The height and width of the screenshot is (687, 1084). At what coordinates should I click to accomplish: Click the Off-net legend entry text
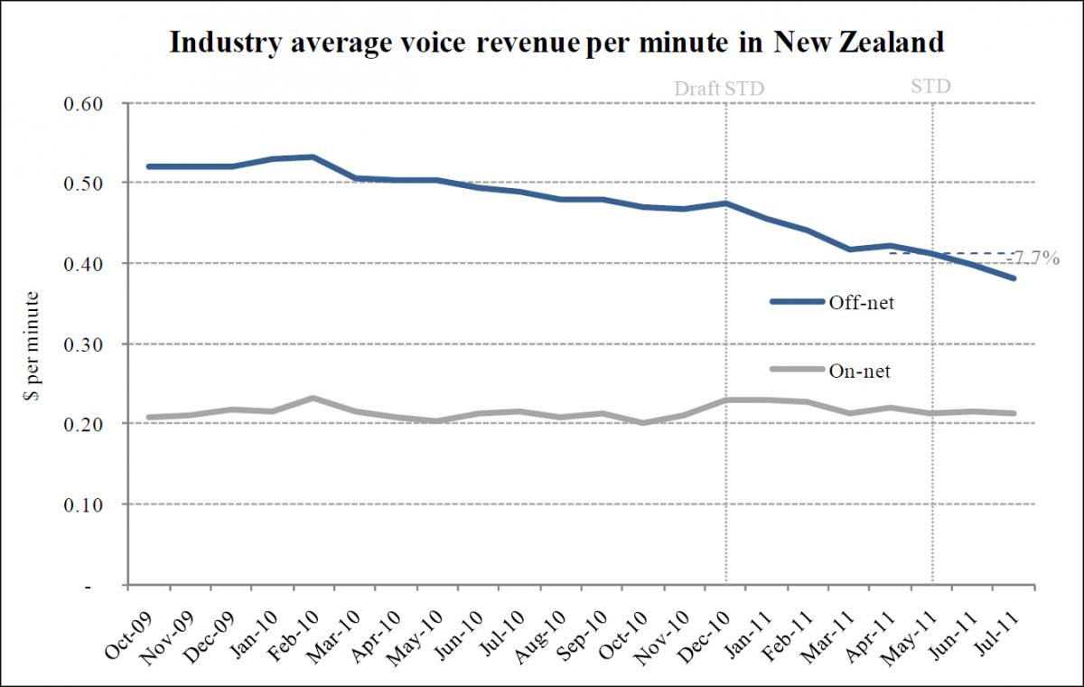point(862,303)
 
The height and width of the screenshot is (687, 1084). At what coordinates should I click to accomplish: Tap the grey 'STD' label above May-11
point(931,87)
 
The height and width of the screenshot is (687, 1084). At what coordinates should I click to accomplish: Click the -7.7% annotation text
point(1033,259)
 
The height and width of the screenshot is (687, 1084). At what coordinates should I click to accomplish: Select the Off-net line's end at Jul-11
point(1015,278)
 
